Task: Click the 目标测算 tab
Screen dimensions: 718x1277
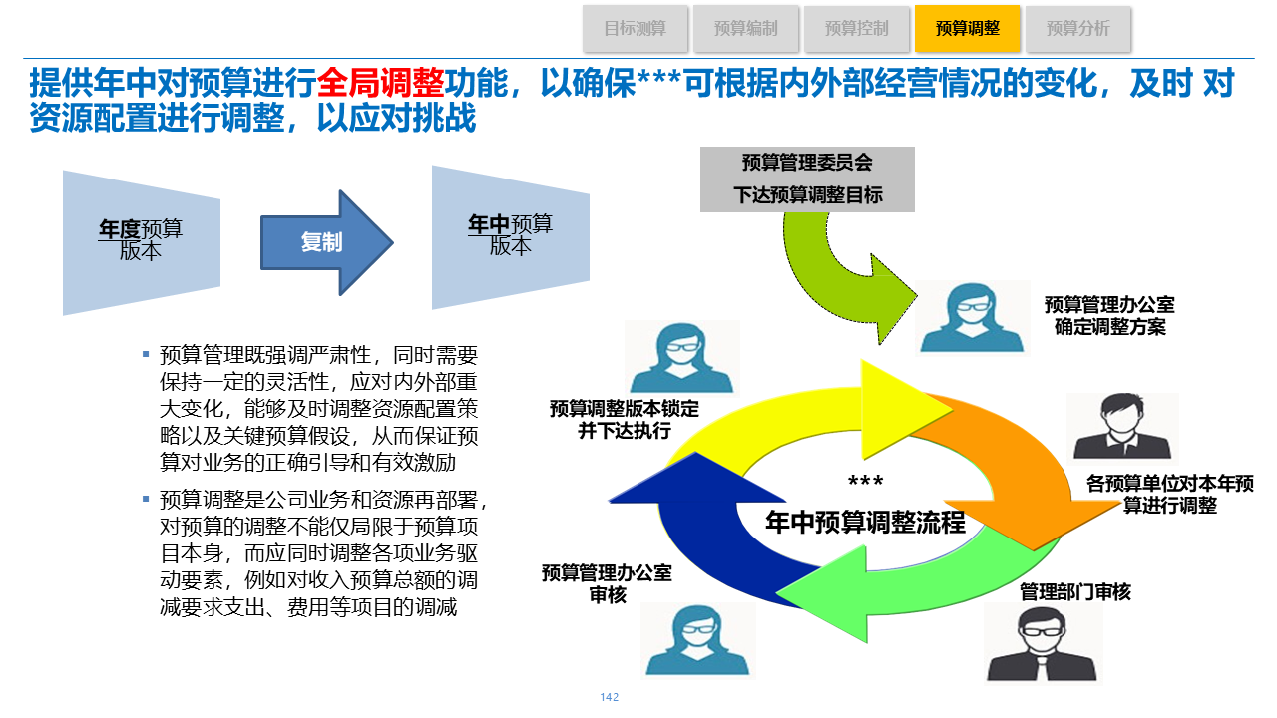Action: coord(636,29)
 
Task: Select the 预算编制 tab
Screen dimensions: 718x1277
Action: coord(746,29)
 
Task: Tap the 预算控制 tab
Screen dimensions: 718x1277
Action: coord(857,29)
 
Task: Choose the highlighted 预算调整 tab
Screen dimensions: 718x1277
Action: coord(968,29)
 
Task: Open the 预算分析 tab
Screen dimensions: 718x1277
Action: coord(1078,29)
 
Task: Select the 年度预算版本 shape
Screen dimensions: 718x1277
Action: coord(141,241)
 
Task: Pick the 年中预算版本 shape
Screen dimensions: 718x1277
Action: coord(510,237)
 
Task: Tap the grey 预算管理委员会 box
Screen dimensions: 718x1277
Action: coord(807,179)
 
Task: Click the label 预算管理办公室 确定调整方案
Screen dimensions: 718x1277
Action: coord(1109,315)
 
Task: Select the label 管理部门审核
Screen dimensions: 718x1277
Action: coord(1075,592)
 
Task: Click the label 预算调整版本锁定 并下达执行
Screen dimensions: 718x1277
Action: coord(625,420)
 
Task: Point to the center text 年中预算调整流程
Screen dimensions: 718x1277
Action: coord(865,522)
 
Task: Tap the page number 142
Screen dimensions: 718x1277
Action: coord(610,697)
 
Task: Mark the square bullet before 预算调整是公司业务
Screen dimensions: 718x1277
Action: coord(146,498)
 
